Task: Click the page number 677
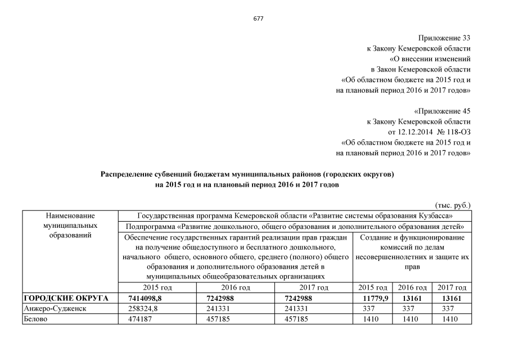pyautogui.click(x=259, y=18)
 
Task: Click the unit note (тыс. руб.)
pyautogui.click(x=453, y=206)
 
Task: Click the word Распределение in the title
pyautogui.click(x=128, y=174)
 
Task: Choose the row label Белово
pyautogui.click(x=36, y=319)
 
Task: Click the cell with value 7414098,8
pyautogui.click(x=145, y=298)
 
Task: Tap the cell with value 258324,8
pyautogui.click(x=146, y=308)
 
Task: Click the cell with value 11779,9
pyautogui.click(x=372, y=298)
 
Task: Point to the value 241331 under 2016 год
pyautogui.click(x=220, y=308)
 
